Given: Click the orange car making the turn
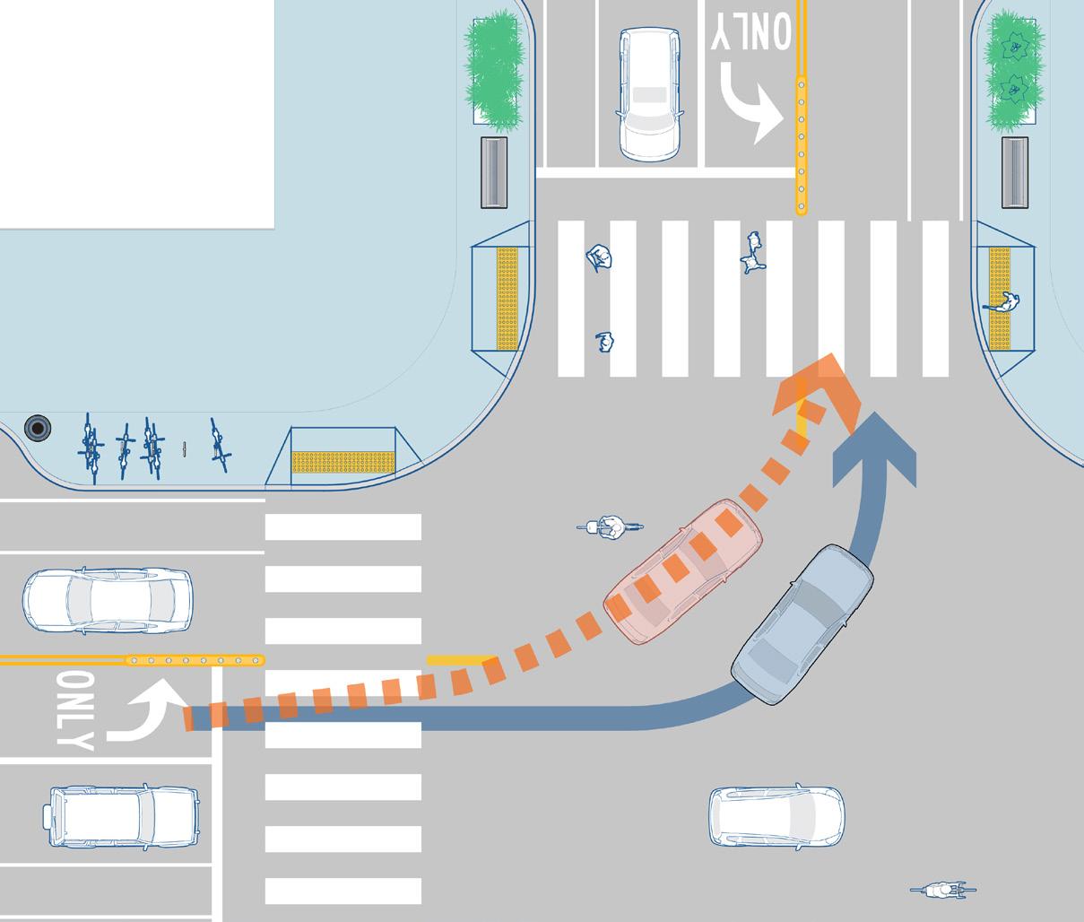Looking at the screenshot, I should (x=684, y=572).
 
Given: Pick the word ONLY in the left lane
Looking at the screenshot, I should (x=73, y=709).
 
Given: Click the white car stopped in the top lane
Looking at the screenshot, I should (x=649, y=93).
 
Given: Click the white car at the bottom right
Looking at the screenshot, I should (x=776, y=817).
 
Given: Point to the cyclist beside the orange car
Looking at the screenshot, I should (x=610, y=527).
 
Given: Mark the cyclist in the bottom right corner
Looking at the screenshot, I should (x=941, y=891).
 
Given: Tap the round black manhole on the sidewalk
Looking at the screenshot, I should (x=38, y=428).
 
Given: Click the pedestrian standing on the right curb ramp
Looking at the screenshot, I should (x=1007, y=304).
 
